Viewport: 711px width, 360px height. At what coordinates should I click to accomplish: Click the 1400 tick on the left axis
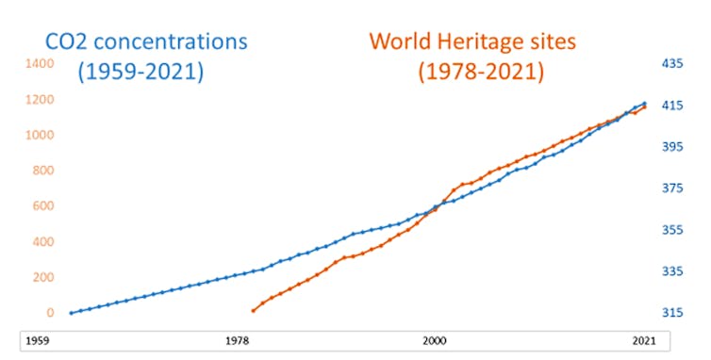point(39,63)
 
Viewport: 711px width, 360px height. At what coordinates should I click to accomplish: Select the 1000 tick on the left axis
point(39,135)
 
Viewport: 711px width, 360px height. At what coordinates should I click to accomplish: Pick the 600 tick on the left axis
point(42,205)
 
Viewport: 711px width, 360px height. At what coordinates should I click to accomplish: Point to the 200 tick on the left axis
point(42,277)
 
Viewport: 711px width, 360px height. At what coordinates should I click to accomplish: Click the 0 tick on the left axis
point(48,313)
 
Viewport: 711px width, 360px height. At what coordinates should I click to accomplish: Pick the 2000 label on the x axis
point(435,340)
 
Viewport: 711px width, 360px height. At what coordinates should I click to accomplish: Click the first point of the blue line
point(71,313)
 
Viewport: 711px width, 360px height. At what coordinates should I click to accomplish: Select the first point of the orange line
point(253,310)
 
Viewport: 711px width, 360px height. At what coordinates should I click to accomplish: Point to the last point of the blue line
point(645,104)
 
